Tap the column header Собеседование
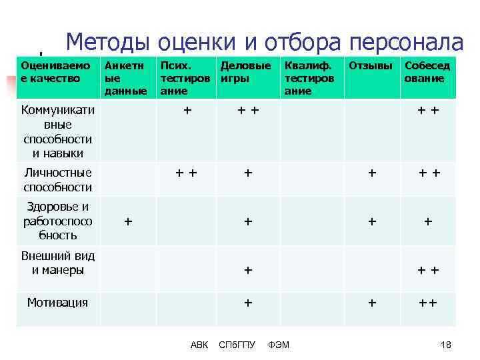click(x=427, y=72)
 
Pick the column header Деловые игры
click(x=245, y=72)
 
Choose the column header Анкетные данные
click(x=125, y=78)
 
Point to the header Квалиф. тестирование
click(x=308, y=78)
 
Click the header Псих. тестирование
click(x=183, y=78)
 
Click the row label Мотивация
click(x=57, y=303)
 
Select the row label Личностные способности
click(x=57, y=180)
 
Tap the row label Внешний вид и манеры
click(x=57, y=263)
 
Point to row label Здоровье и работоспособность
click(x=57, y=221)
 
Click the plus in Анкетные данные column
click(x=128, y=221)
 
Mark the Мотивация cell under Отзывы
click(x=372, y=303)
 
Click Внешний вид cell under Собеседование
click(x=428, y=270)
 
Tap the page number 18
click(x=446, y=345)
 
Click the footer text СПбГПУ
click(x=237, y=345)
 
